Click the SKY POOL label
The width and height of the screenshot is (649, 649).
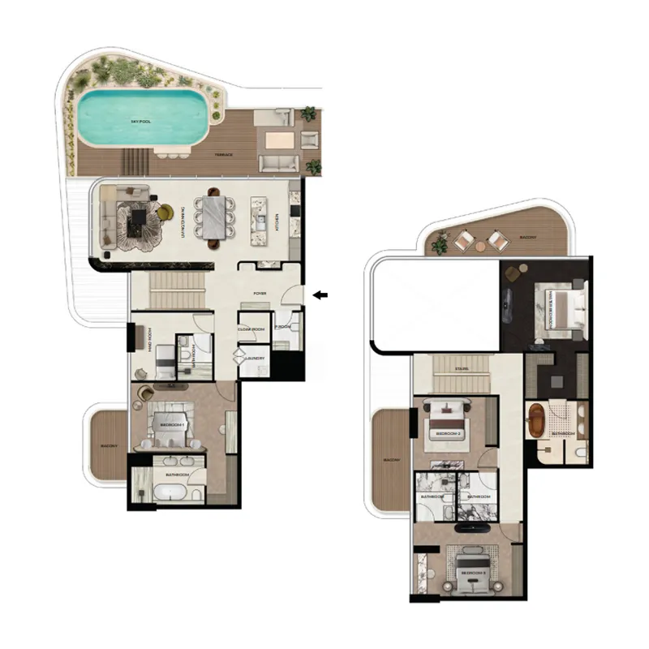(141, 121)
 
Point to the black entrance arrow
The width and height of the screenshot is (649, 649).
(321, 295)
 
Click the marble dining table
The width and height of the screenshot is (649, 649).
(215, 217)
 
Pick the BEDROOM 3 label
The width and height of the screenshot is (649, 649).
(473, 572)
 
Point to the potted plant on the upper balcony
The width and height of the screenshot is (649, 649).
(442, 241)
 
